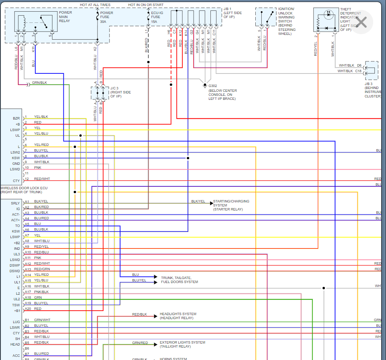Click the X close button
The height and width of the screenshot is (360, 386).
coord(362,22)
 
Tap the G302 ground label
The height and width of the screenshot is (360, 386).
coord(213,86)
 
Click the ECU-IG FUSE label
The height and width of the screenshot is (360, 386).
coord(156,17)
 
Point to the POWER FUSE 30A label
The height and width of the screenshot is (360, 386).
coord(106,17)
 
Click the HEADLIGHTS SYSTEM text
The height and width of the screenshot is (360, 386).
coord(178,316)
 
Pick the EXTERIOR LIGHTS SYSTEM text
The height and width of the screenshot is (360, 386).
coord(182,344)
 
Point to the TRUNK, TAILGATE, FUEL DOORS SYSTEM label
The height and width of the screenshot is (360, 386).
coord(179,280)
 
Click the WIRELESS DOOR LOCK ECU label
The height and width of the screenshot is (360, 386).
coord(24,190)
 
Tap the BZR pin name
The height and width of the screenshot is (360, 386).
coord(16,118)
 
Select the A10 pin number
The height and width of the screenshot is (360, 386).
coord(28,252)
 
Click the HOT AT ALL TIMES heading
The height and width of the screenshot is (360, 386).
coord(95,5)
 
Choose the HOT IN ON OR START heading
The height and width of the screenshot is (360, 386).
coord(146,5)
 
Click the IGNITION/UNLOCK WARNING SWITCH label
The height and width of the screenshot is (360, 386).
coord(287,21)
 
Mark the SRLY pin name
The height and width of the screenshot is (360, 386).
coord(16,203)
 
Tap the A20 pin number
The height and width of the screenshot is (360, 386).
coord(28,309)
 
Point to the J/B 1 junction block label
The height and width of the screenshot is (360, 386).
coord(232,13)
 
